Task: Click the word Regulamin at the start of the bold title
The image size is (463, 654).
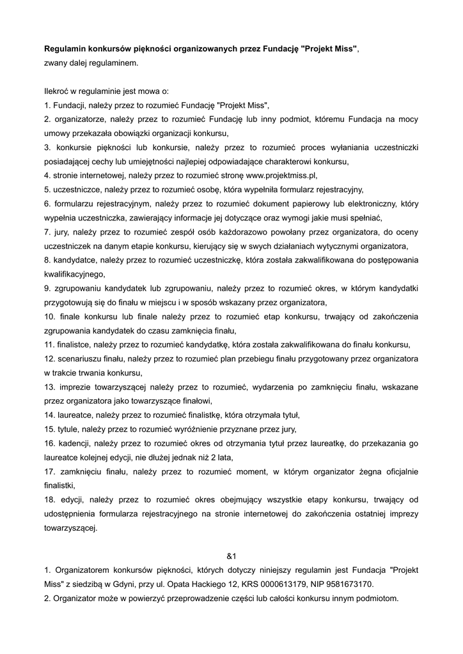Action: [x=65, y=49]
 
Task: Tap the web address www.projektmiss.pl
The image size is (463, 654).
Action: [x=281, y=174]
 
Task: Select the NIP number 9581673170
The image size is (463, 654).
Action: [x=347, y=584]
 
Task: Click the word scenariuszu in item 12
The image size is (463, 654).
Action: [x=80, y=358]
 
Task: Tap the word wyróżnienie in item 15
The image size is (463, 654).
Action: [x=214, y=429]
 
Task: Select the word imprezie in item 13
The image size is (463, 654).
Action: [x=77, y=386]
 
